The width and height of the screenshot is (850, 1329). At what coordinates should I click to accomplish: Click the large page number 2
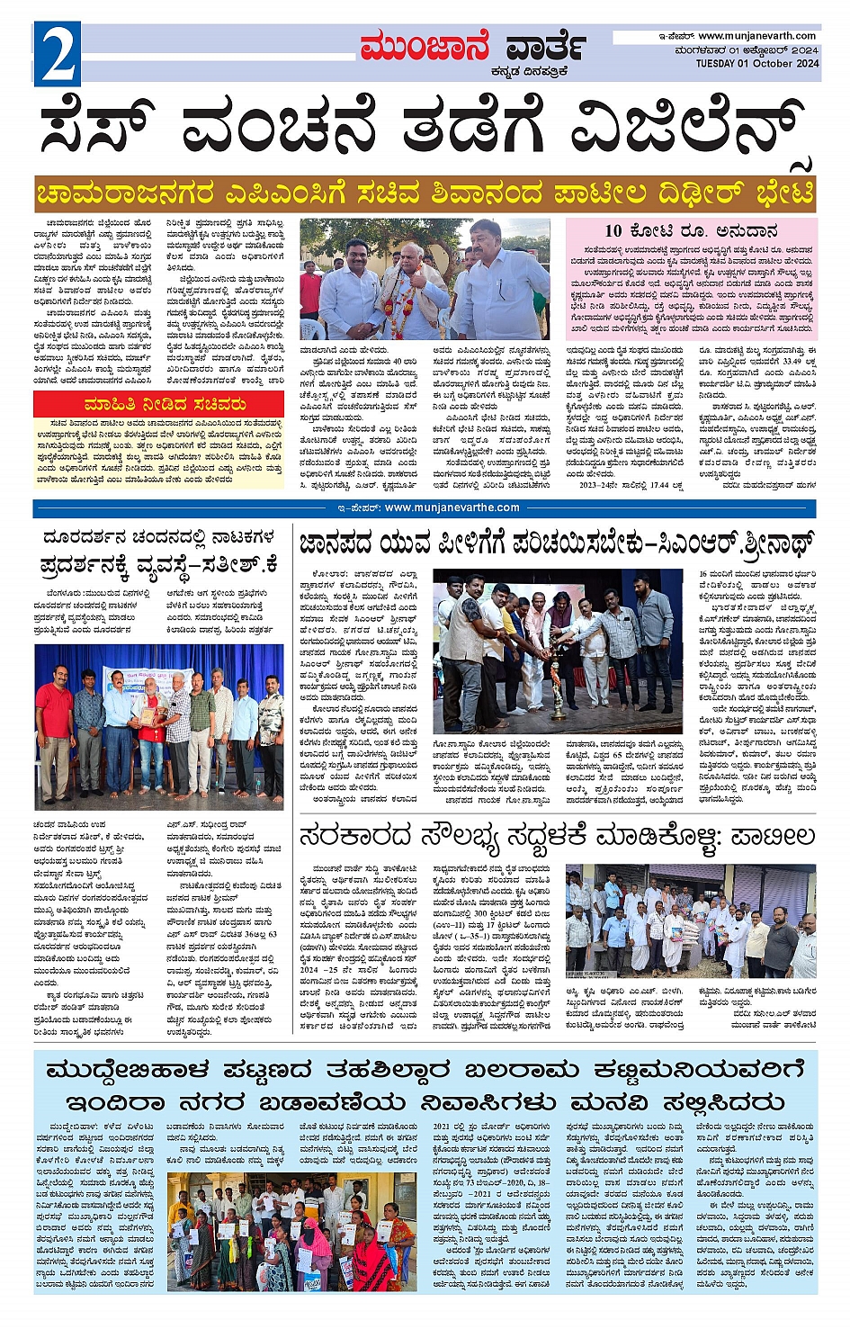coord(58,54)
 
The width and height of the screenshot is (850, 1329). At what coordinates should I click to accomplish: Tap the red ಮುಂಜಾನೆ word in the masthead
coord(425,47)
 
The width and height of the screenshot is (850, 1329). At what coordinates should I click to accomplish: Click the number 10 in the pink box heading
coord(614,230)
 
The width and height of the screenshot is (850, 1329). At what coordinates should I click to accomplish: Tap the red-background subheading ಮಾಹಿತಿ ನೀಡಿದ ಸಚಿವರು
coord(165,404)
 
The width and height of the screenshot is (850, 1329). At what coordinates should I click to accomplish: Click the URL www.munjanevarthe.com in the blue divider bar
coord(452,507)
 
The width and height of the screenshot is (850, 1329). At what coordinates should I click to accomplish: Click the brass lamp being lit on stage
coord(558,693)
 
